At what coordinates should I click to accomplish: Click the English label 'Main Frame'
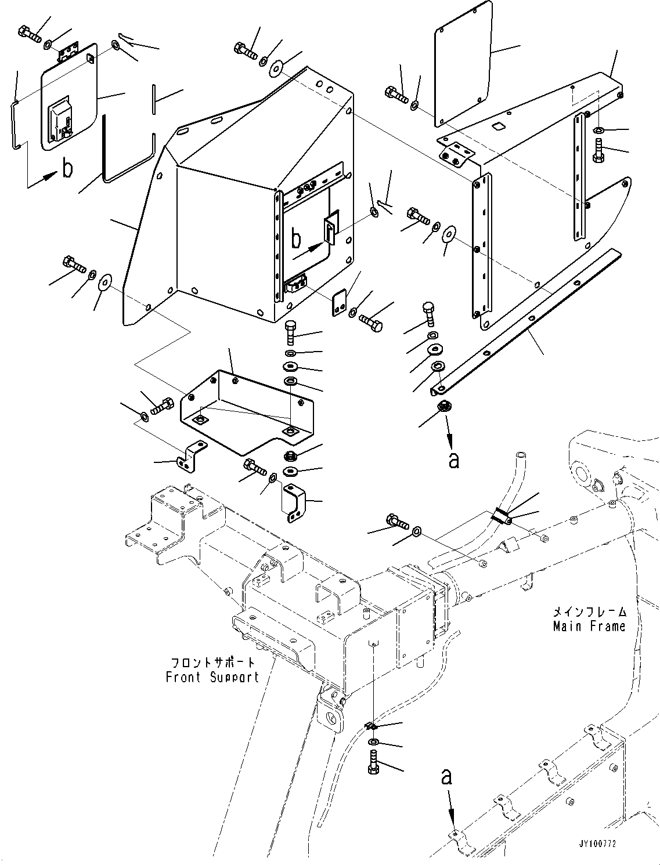pyautogui.click(x=589, y=627)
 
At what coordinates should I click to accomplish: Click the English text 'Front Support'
pyautogui.click(x=212, y=677)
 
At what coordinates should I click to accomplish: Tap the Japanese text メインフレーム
pyautogui.click(x=589, y=612)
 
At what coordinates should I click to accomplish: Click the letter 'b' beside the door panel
pyautogui.click(x=68, y=169)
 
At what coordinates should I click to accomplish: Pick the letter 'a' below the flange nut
pyautogui.click(x=454, y=459)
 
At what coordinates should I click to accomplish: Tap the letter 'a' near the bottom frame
pyautogui.click(x=446, y=777)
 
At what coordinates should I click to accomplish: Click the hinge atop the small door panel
pyautogui.click(x=68, y=53)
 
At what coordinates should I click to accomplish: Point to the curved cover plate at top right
pyautogui.click(x=463, y=64)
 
